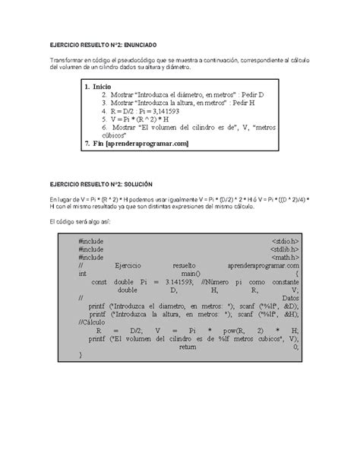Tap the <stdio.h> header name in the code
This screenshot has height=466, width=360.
285,240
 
